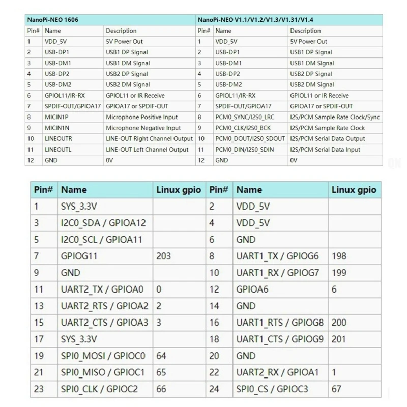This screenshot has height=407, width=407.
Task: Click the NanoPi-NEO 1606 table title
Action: pyautogui.click(x=52, y=20)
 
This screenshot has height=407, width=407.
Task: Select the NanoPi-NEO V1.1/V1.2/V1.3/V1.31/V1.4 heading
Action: pyautogui.click(x=255, y=20)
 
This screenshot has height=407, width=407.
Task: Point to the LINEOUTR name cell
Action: pyautogui.click(x=59, y=138)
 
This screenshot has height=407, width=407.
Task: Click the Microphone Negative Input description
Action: pyautogui.click(x=143, y=128)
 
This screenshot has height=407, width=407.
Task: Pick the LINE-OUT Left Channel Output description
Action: pyautogui.click(x=147, y=150)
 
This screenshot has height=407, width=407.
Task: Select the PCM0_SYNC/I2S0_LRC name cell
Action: pyautogui.click(x=244, y=117)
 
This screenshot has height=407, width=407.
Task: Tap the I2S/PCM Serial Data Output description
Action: pyautogui.click(x=328, y=138)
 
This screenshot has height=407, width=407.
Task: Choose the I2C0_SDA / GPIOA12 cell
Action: pyautogui.click(x=103, y=223)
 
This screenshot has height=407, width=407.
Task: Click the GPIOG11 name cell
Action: pyautogui.click(x=79, y=256)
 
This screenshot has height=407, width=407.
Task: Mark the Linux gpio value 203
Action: pyautogui.click(x=163, y=256)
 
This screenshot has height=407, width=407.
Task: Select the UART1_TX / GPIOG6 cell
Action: pyautogui.click(x=277, y=256)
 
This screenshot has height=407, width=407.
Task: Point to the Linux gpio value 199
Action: pyautogui.click(x=339, y=273)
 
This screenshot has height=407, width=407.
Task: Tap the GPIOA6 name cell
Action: pyautogui.click(x=253, y=289)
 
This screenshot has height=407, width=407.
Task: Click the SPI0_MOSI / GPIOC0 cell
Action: pyautogui.click(x=103, y=356)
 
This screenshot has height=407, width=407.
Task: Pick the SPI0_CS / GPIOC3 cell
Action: pyautogui.click(x=272, y=389)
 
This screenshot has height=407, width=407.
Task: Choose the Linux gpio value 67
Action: pyautogui.click(x=336, y=389)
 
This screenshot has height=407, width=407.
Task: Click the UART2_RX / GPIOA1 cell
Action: pyautogui.click(x=278, y=372)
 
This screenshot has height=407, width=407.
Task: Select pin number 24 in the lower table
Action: pyautogui.click(x=214, y=389)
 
